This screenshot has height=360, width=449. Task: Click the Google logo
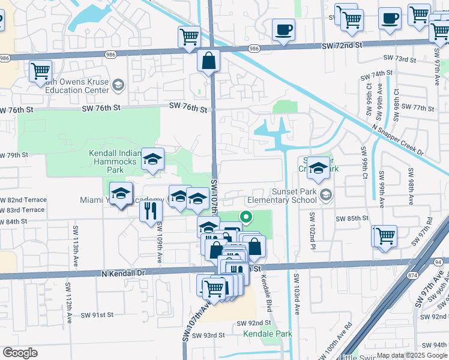[x=20, y=353]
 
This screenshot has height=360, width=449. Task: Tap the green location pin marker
[x=246, y=217]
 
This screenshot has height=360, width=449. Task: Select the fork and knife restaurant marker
[x=150, y=211]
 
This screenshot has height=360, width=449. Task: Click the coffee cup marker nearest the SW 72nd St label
[x=283, y=29]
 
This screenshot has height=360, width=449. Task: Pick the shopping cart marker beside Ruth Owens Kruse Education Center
[x=40, y=71]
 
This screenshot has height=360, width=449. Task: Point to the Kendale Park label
[x=262, y=333]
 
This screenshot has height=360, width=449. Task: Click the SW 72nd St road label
[x=343, y=45]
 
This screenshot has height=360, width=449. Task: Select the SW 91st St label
[x=98, y=314]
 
